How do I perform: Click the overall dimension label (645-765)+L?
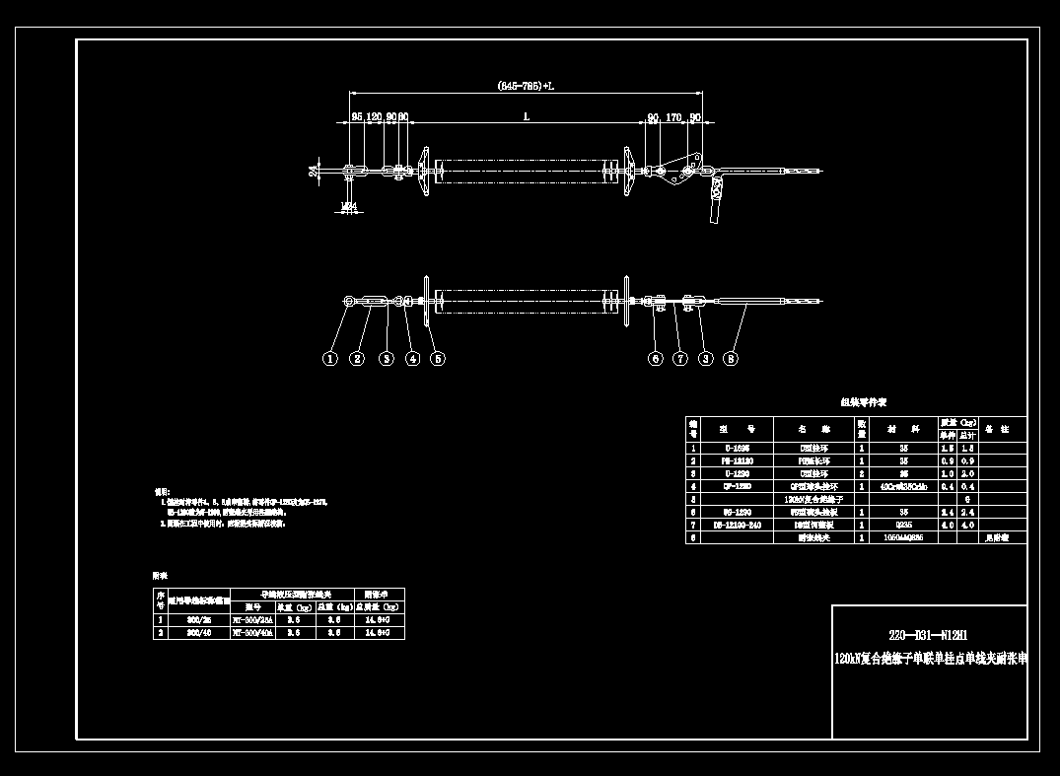526,87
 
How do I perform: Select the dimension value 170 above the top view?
674,116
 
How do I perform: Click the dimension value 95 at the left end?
357,116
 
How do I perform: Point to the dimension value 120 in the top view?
375,116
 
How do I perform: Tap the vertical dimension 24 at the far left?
314,171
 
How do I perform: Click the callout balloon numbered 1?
331,359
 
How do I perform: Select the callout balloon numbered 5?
437,359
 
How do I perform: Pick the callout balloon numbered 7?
679,359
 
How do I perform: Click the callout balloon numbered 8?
731,359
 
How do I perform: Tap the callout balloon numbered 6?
655,359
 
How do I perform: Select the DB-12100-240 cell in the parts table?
738,526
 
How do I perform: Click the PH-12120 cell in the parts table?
738,460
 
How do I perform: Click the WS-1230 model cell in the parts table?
738,512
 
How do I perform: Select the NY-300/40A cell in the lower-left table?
252,634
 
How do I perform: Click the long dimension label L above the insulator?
526,116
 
